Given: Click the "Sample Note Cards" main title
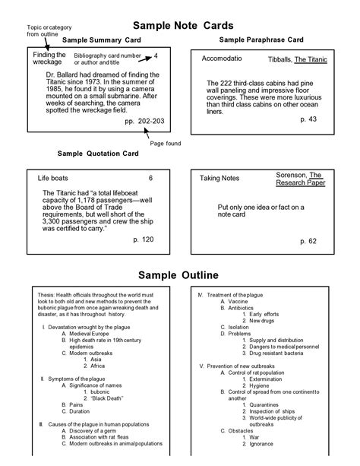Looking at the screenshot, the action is tap(179, 26).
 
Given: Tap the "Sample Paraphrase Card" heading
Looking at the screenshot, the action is tap(261, 39).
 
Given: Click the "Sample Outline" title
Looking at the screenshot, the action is tap(178, 274).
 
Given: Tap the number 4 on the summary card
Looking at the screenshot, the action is tap(156, 55).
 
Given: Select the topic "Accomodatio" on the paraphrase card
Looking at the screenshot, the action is tap(222, 58).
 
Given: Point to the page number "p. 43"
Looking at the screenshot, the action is tap(309, 119).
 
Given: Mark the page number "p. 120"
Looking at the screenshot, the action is tap(143, 239).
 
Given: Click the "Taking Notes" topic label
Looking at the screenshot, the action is tap(219, 178).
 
